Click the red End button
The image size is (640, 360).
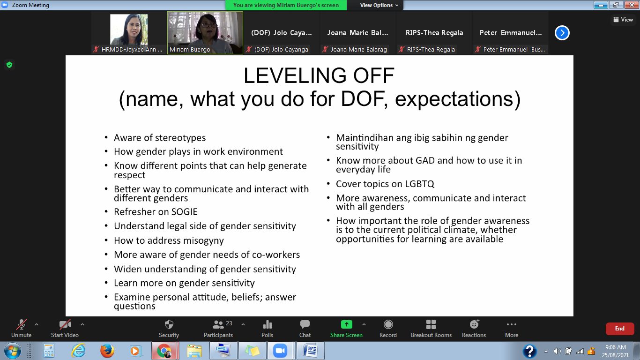tap(620, 329)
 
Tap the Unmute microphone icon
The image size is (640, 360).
tap(22, 324)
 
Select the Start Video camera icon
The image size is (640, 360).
tap(65, 324)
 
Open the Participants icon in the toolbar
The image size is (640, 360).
tap(218, 324)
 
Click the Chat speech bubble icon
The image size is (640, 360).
tap(305, 324)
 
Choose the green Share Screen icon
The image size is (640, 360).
tap(347, 324)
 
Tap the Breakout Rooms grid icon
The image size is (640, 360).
tap(431, 324)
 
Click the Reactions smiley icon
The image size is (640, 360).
tap(474, 324)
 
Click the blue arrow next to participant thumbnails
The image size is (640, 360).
tap(562, 33)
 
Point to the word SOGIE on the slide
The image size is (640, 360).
tap(184, 212)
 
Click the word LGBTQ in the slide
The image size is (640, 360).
tap(420, 184)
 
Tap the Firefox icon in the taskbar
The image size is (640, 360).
tap(107, 351)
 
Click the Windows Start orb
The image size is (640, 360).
tap(12, 351)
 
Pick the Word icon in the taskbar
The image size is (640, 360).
tap(310, 351)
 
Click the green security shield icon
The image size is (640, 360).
tap(9, 65)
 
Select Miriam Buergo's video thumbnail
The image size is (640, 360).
tap(205, 33)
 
